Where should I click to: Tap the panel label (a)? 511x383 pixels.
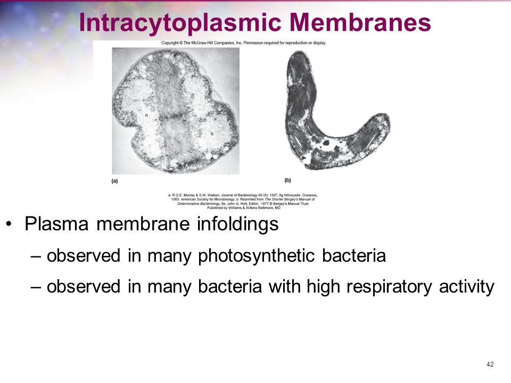pos(114,181)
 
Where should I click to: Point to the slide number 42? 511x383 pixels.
pos(490,364)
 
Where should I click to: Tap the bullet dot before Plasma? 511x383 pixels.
pos(9,224)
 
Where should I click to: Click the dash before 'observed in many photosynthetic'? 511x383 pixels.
pos(36,256)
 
